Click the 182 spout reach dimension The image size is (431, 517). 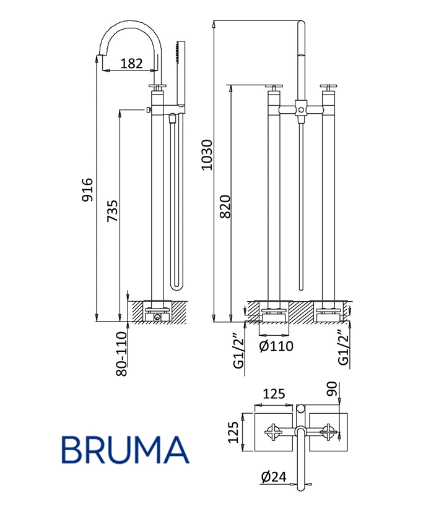131,63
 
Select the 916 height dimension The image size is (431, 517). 87,190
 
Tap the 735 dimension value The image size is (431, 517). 112,211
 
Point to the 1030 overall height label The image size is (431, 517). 207,155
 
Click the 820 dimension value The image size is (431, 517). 225,207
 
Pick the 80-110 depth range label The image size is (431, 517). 121,354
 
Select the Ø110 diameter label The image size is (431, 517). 276,346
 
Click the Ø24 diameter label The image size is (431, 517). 274,477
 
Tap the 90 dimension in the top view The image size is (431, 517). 331,389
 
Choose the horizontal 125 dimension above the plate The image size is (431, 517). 274,394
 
